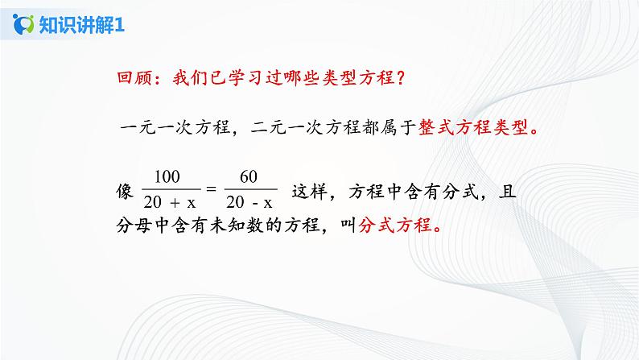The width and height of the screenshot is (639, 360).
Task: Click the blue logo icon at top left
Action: pos(24,25)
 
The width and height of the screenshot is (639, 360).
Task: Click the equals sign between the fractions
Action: pos(212,191)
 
